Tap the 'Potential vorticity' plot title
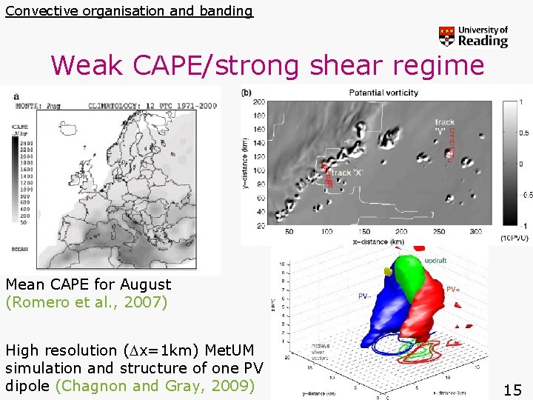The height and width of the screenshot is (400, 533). [383, 93]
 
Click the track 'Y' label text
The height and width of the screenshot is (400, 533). [445, 126]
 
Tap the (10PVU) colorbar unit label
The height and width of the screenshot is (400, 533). [514, 237]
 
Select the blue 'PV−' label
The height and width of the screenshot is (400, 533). [364, 296]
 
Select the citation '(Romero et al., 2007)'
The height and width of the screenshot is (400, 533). [87, 302]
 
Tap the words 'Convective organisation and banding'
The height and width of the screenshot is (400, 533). [129, 10]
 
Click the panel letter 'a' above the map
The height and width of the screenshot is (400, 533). [16, 96]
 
